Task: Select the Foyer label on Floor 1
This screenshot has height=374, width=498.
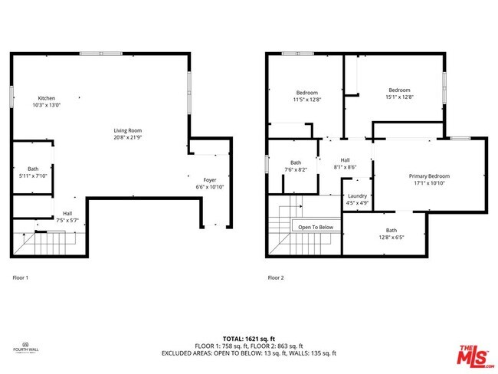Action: (x=210, y=180)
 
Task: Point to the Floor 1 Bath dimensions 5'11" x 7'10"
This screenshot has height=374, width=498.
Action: (x=33, y=176)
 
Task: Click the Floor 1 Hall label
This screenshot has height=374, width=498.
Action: (x=67, y=214)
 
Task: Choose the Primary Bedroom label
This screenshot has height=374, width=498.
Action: (x=429, y=176)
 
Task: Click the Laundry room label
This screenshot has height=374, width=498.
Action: (x=357, y=195)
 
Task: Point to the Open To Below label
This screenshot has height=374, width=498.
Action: (x=316, y=227)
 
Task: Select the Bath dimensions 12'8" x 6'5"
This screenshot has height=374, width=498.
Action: (x=392, y=237)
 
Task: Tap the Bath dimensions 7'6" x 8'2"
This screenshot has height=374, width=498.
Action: (x=296, y=169)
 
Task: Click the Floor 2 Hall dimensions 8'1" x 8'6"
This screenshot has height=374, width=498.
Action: (x=345, y=166)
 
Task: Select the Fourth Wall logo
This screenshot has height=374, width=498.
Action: (x=26, y=346)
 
